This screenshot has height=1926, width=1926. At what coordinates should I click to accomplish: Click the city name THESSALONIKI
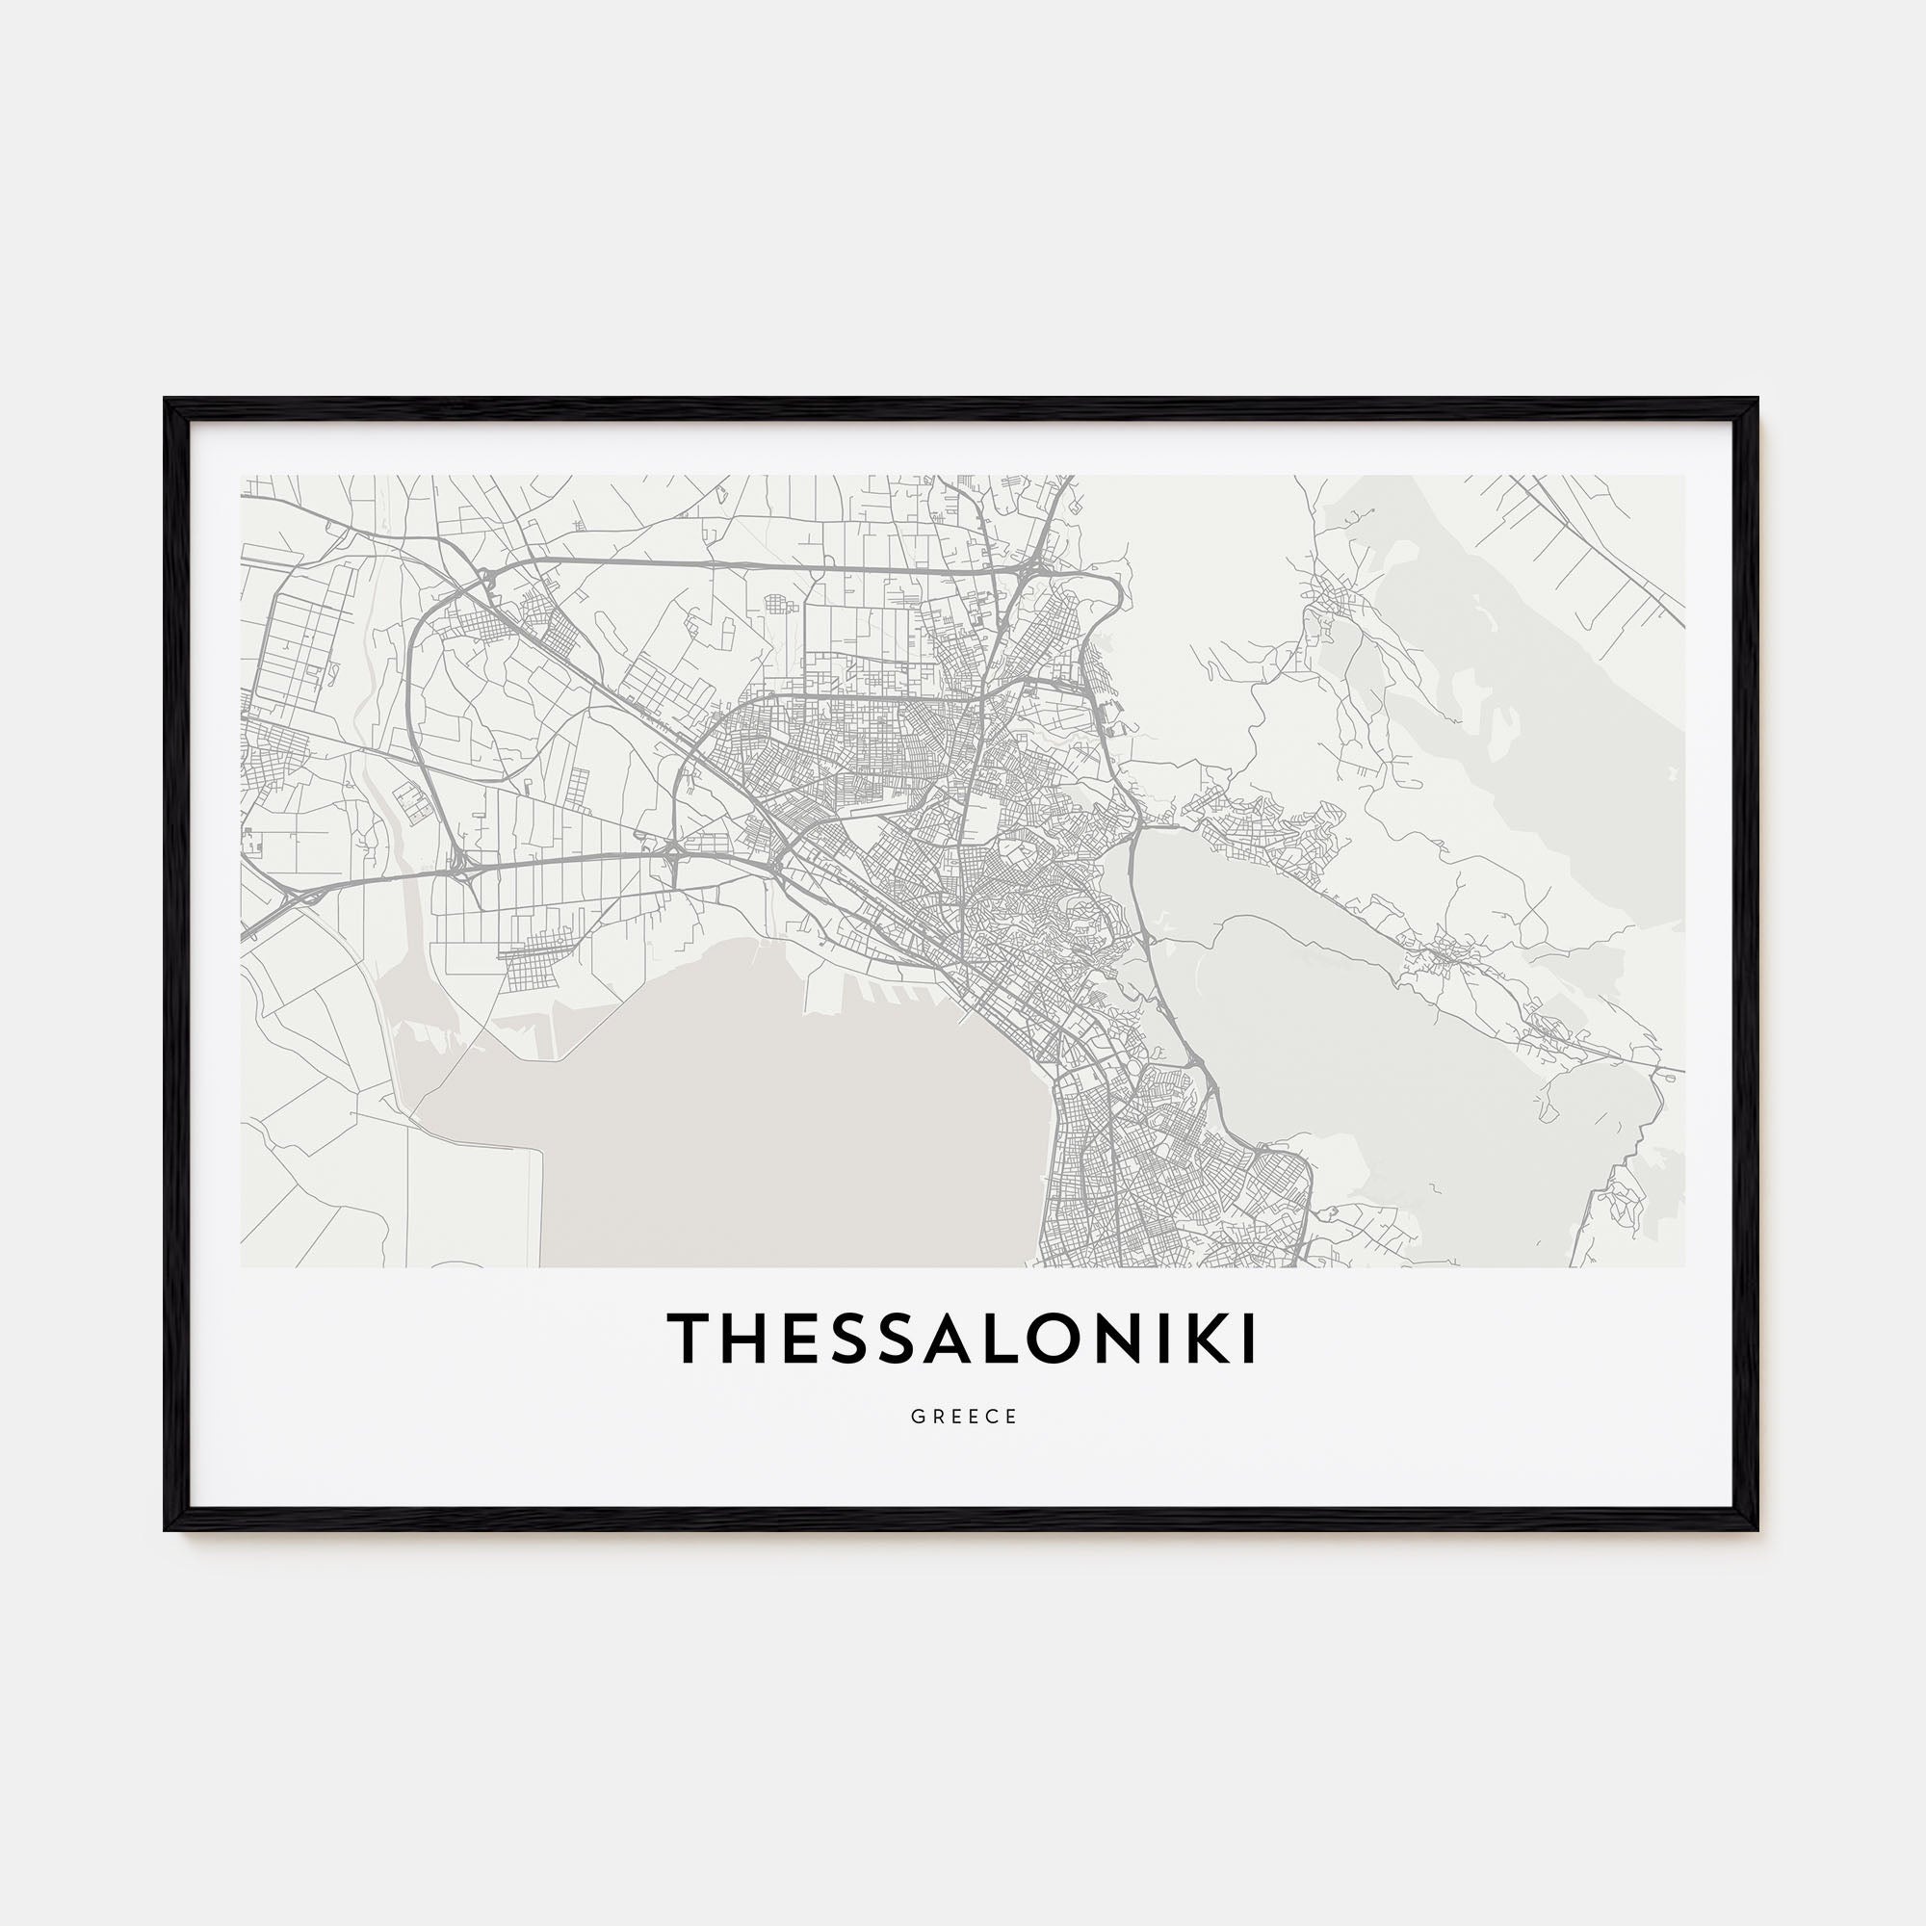[x=963, y=1339]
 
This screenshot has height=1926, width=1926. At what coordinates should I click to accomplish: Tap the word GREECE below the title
[x=964, y=1417]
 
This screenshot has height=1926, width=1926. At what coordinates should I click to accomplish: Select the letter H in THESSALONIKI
[x=743, y=1339]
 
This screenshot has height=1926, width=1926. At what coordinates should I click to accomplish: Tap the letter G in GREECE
[x=916, y=1417]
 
